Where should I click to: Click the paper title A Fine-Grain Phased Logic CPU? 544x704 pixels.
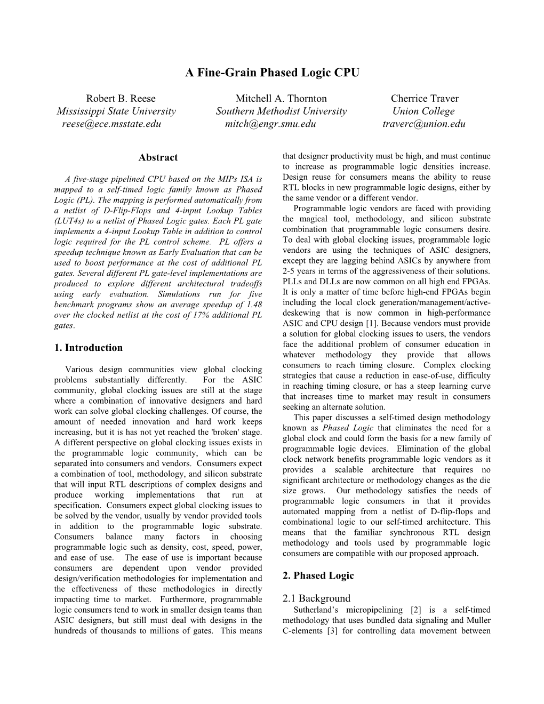(272, 73)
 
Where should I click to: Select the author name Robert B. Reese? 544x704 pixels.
(121, 98)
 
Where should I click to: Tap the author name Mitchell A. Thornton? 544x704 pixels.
(281, 98)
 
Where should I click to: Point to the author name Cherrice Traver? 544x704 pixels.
(425, 98)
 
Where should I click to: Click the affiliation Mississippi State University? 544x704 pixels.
(116, 111)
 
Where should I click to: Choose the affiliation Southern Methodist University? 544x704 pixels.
(281, 111)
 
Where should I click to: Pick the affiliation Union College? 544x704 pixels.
(423, 111)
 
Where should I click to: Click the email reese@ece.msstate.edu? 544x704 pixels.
(111, 124)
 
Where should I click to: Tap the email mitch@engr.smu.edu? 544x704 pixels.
(270, 124)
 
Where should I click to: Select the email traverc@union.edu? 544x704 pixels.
(424, 124)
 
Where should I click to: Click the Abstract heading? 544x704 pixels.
(158, 157)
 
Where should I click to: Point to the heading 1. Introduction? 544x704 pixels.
(89, 348)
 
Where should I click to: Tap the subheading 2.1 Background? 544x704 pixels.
(316, 598)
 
